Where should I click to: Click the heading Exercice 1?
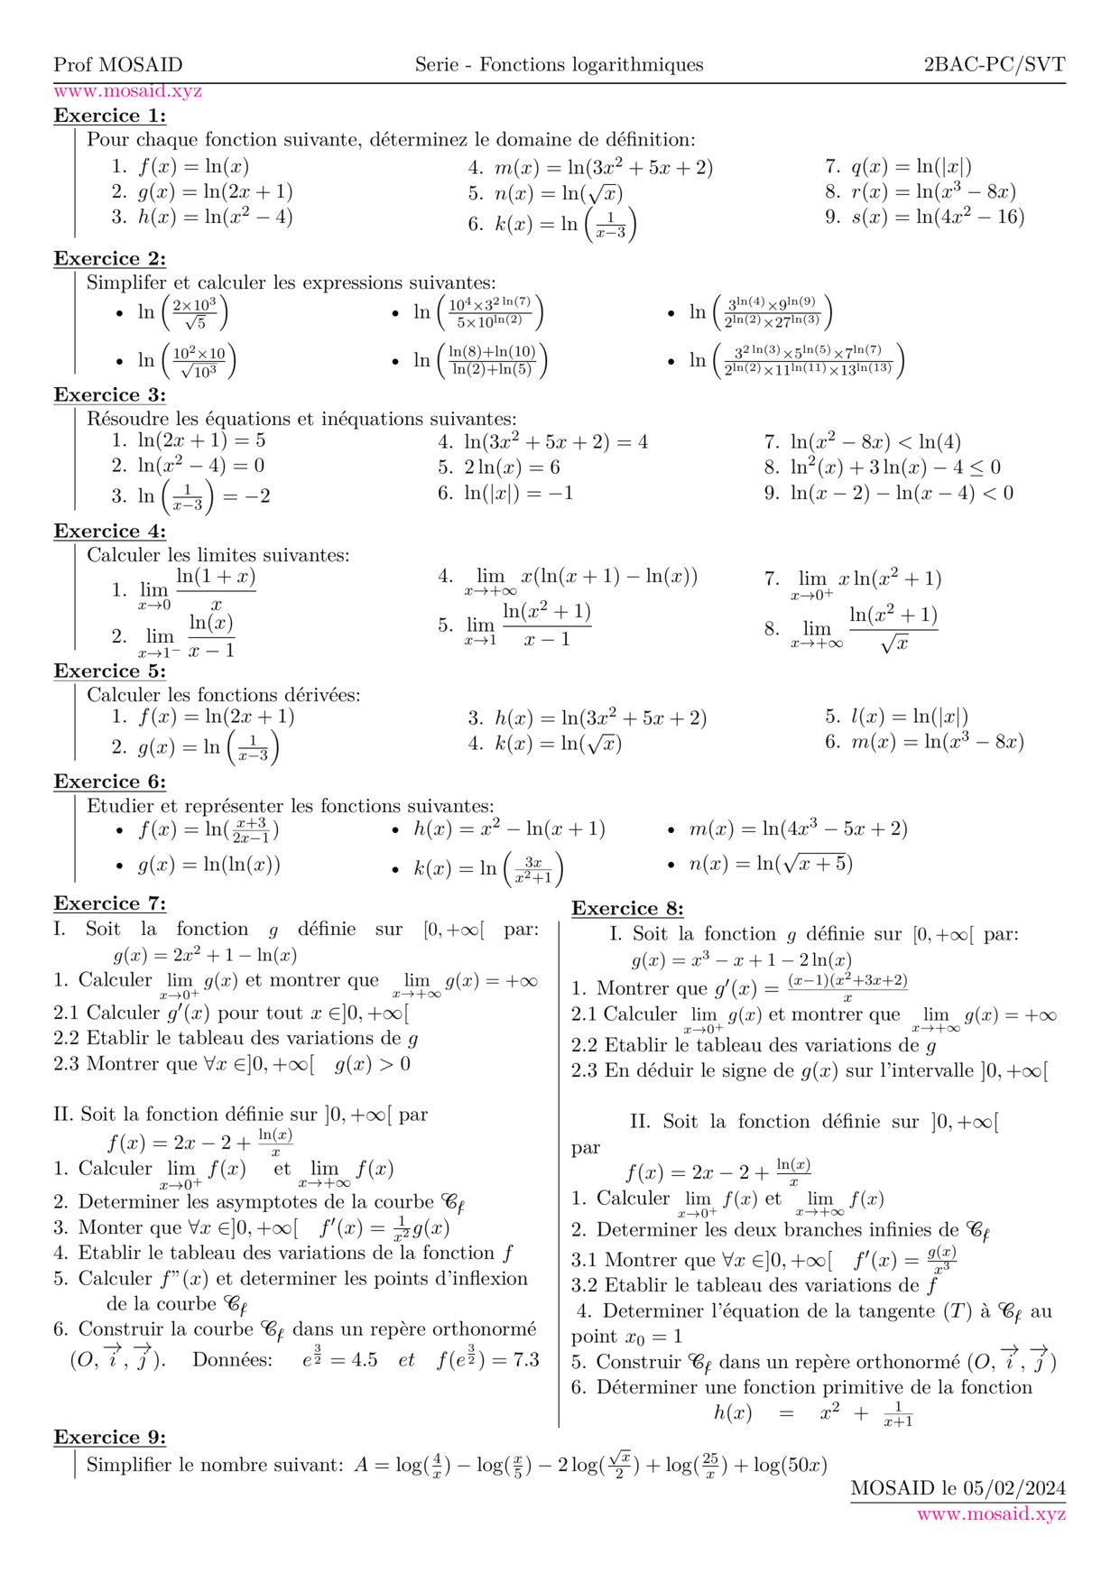point(109,116)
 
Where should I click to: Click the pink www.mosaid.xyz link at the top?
point(127,91)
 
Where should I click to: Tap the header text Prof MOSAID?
point(117,65)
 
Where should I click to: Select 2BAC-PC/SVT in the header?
point(994,65)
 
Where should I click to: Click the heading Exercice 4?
point(109,532)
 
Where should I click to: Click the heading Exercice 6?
point(109,782)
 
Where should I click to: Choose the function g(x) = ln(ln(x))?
point(208,865)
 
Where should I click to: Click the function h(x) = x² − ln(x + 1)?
point(509,829)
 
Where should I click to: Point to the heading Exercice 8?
point(627,909)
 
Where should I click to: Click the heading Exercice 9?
point(109,1438)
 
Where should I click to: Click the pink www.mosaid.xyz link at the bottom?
point(991,1514)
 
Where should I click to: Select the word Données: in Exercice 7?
point(232,1360)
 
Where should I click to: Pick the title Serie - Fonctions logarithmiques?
point(559,65)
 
